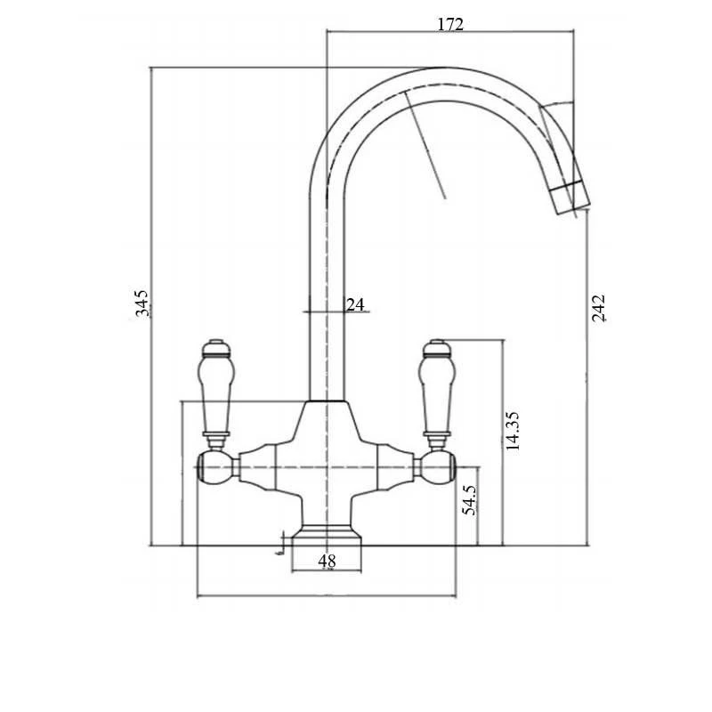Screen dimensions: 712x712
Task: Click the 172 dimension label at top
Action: coord(450,24)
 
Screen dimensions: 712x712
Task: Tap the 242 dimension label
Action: coord(598,306)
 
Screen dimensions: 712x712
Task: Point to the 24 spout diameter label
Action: coord(355,304)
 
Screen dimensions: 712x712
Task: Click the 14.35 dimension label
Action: coord(513,431)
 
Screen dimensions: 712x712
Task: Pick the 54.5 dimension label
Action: coord(470,500)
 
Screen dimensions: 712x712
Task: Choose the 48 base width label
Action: coord(327,562)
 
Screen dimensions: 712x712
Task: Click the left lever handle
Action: coord(214,392)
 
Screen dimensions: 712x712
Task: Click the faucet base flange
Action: coord(327,537)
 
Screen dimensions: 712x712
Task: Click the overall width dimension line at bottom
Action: coord(327,595)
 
